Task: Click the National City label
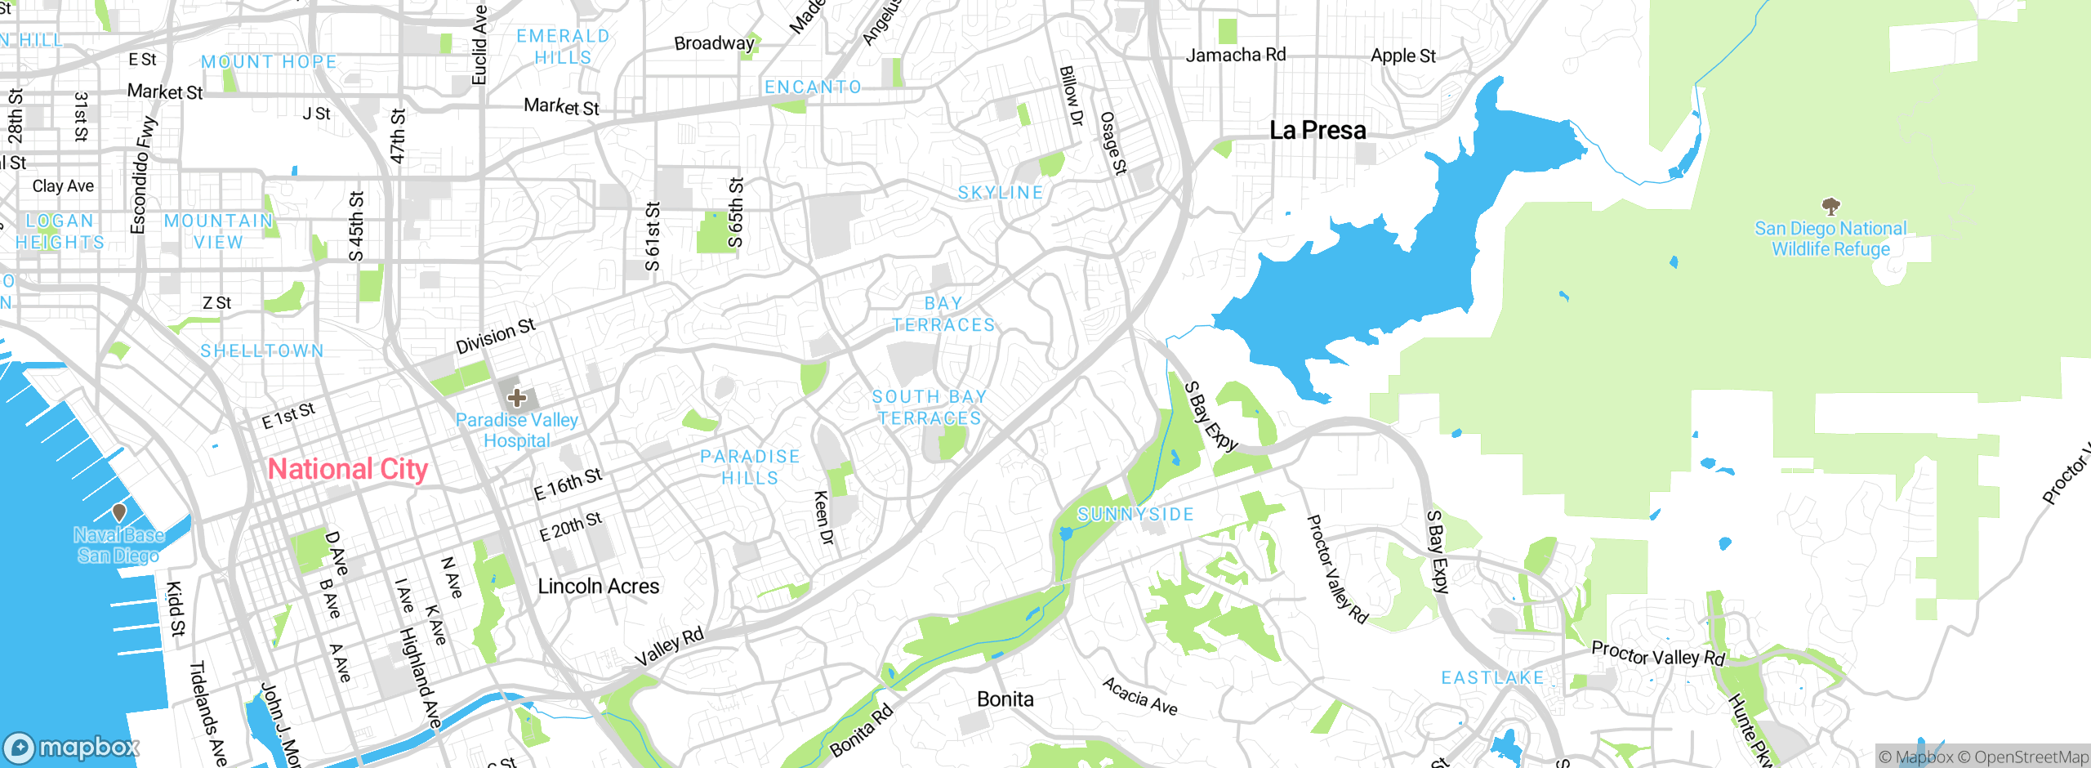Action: pos(348,469)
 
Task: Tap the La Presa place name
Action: pos(1317,131)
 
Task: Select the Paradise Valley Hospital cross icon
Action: pos(516,398)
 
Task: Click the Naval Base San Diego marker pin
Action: pos(119,512)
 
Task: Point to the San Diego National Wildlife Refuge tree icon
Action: pos(1830,205)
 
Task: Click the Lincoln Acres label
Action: pos(598,586)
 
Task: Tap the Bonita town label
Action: pos(1005,699)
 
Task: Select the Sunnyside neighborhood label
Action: pos(1135,514)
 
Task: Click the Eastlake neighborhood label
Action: pos(1492,678)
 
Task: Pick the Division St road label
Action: pos(495,336)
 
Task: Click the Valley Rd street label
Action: pos(669,647)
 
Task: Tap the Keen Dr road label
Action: pos(823,518)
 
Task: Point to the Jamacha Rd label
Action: pos(1235,55)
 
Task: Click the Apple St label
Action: pos(1402,56)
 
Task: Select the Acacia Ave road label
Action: pos(1140,696)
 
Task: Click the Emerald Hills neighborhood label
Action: pos(563,47)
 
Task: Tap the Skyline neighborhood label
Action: pos(1001,193)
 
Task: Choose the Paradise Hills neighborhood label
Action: pos(750,467)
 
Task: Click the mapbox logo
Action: pos(72,747)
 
